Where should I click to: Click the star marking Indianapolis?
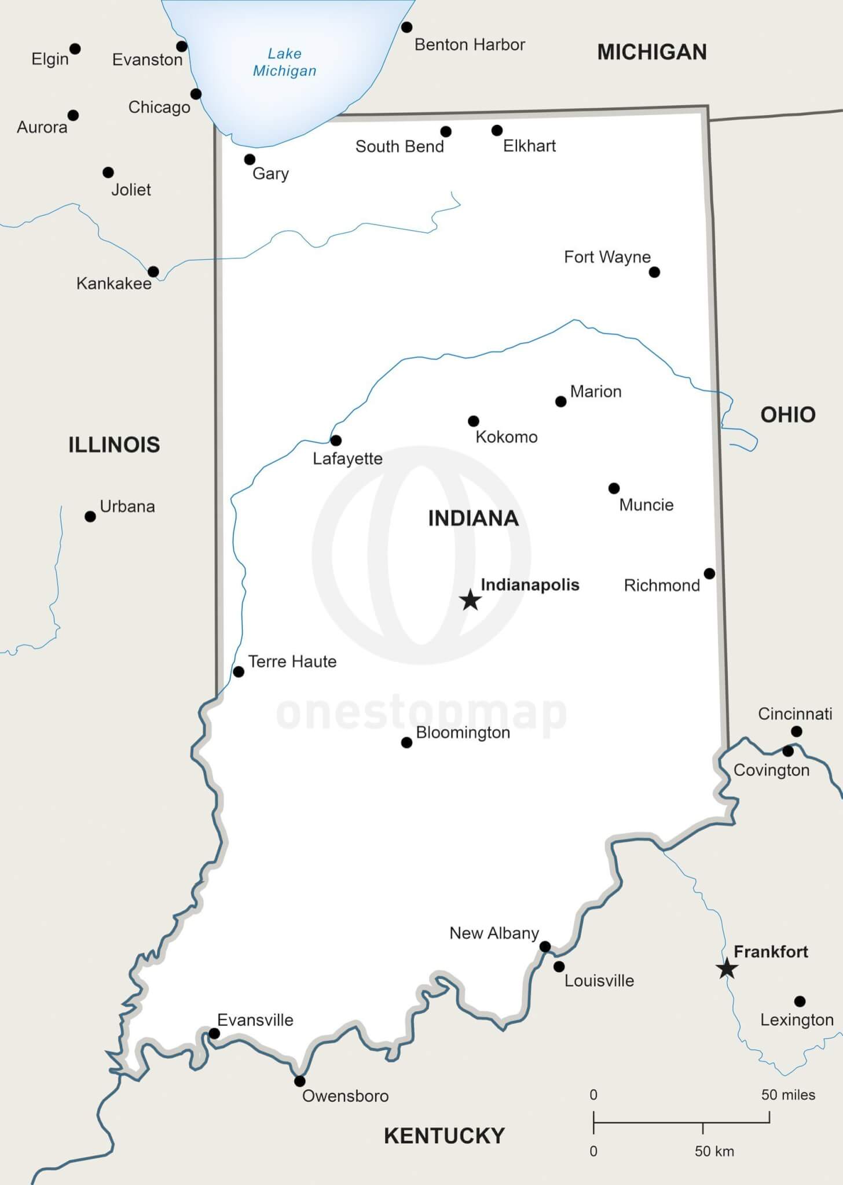470,600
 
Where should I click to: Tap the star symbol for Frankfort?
726,968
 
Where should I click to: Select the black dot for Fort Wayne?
654,272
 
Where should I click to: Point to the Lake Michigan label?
284,62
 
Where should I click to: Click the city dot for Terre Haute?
239,672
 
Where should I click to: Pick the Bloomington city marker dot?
406,742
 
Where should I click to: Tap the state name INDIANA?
473,518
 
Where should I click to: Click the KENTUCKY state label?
444,1136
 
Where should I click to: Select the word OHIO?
787,414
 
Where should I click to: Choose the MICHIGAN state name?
652,52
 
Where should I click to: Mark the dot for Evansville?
214,1033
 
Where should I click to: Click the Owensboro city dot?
299,1081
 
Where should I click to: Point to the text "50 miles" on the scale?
788,1095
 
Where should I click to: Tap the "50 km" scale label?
714,1151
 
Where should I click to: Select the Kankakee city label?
113,284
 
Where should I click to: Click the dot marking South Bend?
446,131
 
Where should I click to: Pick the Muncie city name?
646,505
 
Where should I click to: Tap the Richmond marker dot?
709,573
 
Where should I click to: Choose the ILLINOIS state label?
114,444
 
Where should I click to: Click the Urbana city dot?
90,516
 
